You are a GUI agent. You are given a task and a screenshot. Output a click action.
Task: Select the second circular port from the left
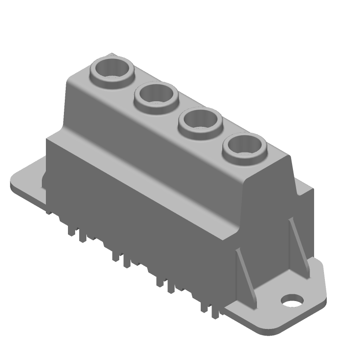[x=156, y=95]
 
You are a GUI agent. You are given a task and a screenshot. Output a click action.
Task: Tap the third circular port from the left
[x=200, y=121]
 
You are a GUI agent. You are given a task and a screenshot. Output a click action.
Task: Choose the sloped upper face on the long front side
[x=148, y=135]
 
